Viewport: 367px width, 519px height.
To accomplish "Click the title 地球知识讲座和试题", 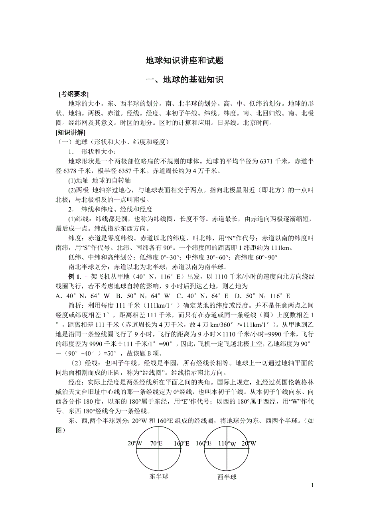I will [x=184, y=61].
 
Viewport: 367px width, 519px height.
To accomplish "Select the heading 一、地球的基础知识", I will [x=184, y=80].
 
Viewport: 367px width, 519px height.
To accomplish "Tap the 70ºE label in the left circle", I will [x=156, y=443].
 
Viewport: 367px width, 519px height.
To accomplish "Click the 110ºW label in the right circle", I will [x=227, y=443].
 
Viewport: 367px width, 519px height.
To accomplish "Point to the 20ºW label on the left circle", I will [x=135, y=443].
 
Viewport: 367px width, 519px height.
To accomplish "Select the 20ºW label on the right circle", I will [x=249, y=443].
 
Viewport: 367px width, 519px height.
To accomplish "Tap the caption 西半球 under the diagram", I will [x=227, y=477].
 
